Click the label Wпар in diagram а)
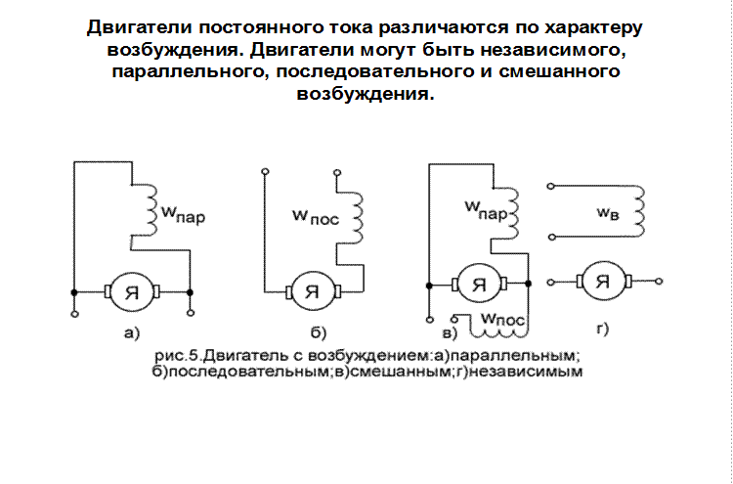click(184, 214)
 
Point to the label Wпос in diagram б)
click(315, 217)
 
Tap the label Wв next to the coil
click(608, 213)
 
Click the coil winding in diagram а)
click(151, 210)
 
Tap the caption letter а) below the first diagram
click(132, 333)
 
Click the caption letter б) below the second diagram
click(319, 333)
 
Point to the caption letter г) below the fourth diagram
click(603, 330)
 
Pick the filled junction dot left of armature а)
click(74, 292)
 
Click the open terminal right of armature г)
click(659, 282)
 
